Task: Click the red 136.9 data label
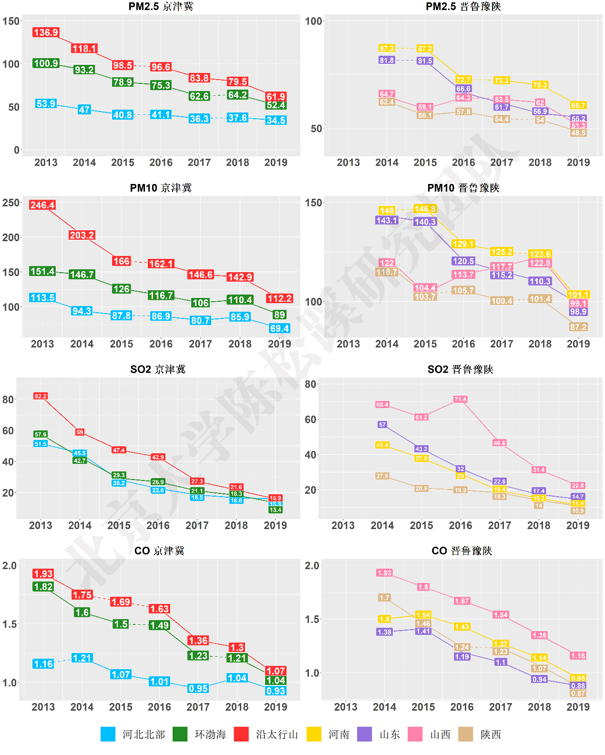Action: [x=46, y=32]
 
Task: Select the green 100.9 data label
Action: [x=46, y=63]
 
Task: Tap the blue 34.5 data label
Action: [x=276, y=120]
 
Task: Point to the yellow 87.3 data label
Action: [x=387, y=48]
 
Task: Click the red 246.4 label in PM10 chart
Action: [x=42, y=205]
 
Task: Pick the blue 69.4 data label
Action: [x=279, y=328]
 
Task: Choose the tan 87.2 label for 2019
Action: [x=578, y=327]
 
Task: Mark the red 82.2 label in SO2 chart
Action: [x=41, y=396]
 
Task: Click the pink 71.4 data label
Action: [x=461, y=399]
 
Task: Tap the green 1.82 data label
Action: [x=43, y=587]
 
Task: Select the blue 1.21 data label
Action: [x=82, y=658]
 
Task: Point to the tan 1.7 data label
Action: [x=385, y=598]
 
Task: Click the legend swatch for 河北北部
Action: [x=108, y=735]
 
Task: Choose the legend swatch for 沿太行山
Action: [x=241, y=735]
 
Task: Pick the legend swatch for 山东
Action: [x=365, y=735]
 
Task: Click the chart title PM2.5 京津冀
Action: [x=161, y=6]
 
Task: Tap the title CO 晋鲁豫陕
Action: [x=461, y=551]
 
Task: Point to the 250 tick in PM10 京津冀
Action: [x=11, y=203]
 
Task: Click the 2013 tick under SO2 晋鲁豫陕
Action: [x=343, y=525]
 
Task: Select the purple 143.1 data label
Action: [x=387, y=220]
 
